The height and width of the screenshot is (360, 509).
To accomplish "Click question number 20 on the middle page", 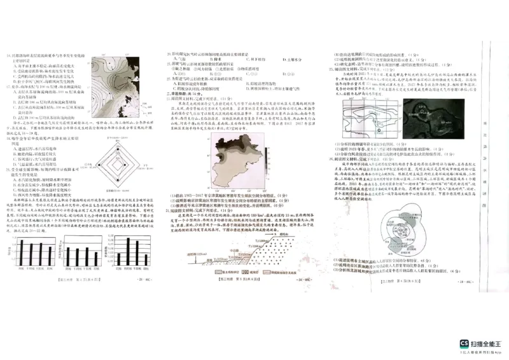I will [169, 55].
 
